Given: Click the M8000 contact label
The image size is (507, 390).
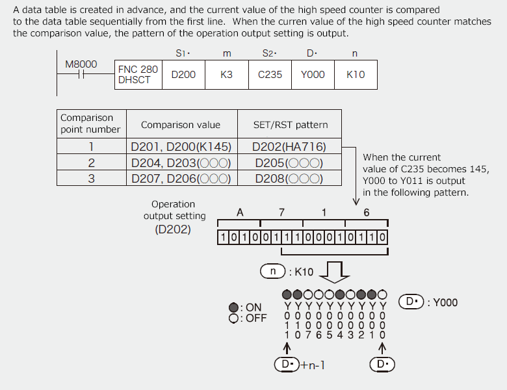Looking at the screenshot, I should pos(81,64).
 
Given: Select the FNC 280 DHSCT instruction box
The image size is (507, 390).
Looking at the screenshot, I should pos(138,75).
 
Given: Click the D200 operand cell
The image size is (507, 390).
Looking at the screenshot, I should pos(183,75).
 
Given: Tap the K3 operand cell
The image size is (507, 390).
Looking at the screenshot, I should pos(226,75).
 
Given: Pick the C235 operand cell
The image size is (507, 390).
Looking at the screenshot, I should pos(270,75).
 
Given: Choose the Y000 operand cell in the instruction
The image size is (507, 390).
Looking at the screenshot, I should pos(313,75).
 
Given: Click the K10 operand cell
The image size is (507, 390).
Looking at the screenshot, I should pos(356,75).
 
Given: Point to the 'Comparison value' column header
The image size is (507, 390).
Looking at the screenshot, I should pos(181,125).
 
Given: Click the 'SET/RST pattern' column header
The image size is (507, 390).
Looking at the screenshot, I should pos(290,125).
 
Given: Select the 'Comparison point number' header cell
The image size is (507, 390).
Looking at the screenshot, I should pos(90,123).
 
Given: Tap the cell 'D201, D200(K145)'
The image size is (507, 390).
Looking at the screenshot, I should pos(181,147).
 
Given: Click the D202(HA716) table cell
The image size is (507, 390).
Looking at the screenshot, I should pos(290,147).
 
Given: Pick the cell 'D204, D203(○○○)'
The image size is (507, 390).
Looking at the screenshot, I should pos(181,162).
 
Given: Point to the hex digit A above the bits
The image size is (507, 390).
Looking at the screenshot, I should pos(240,212).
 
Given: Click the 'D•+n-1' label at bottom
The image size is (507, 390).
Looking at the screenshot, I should pos(300,365).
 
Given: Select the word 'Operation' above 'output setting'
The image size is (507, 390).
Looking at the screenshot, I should pos(173,204).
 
